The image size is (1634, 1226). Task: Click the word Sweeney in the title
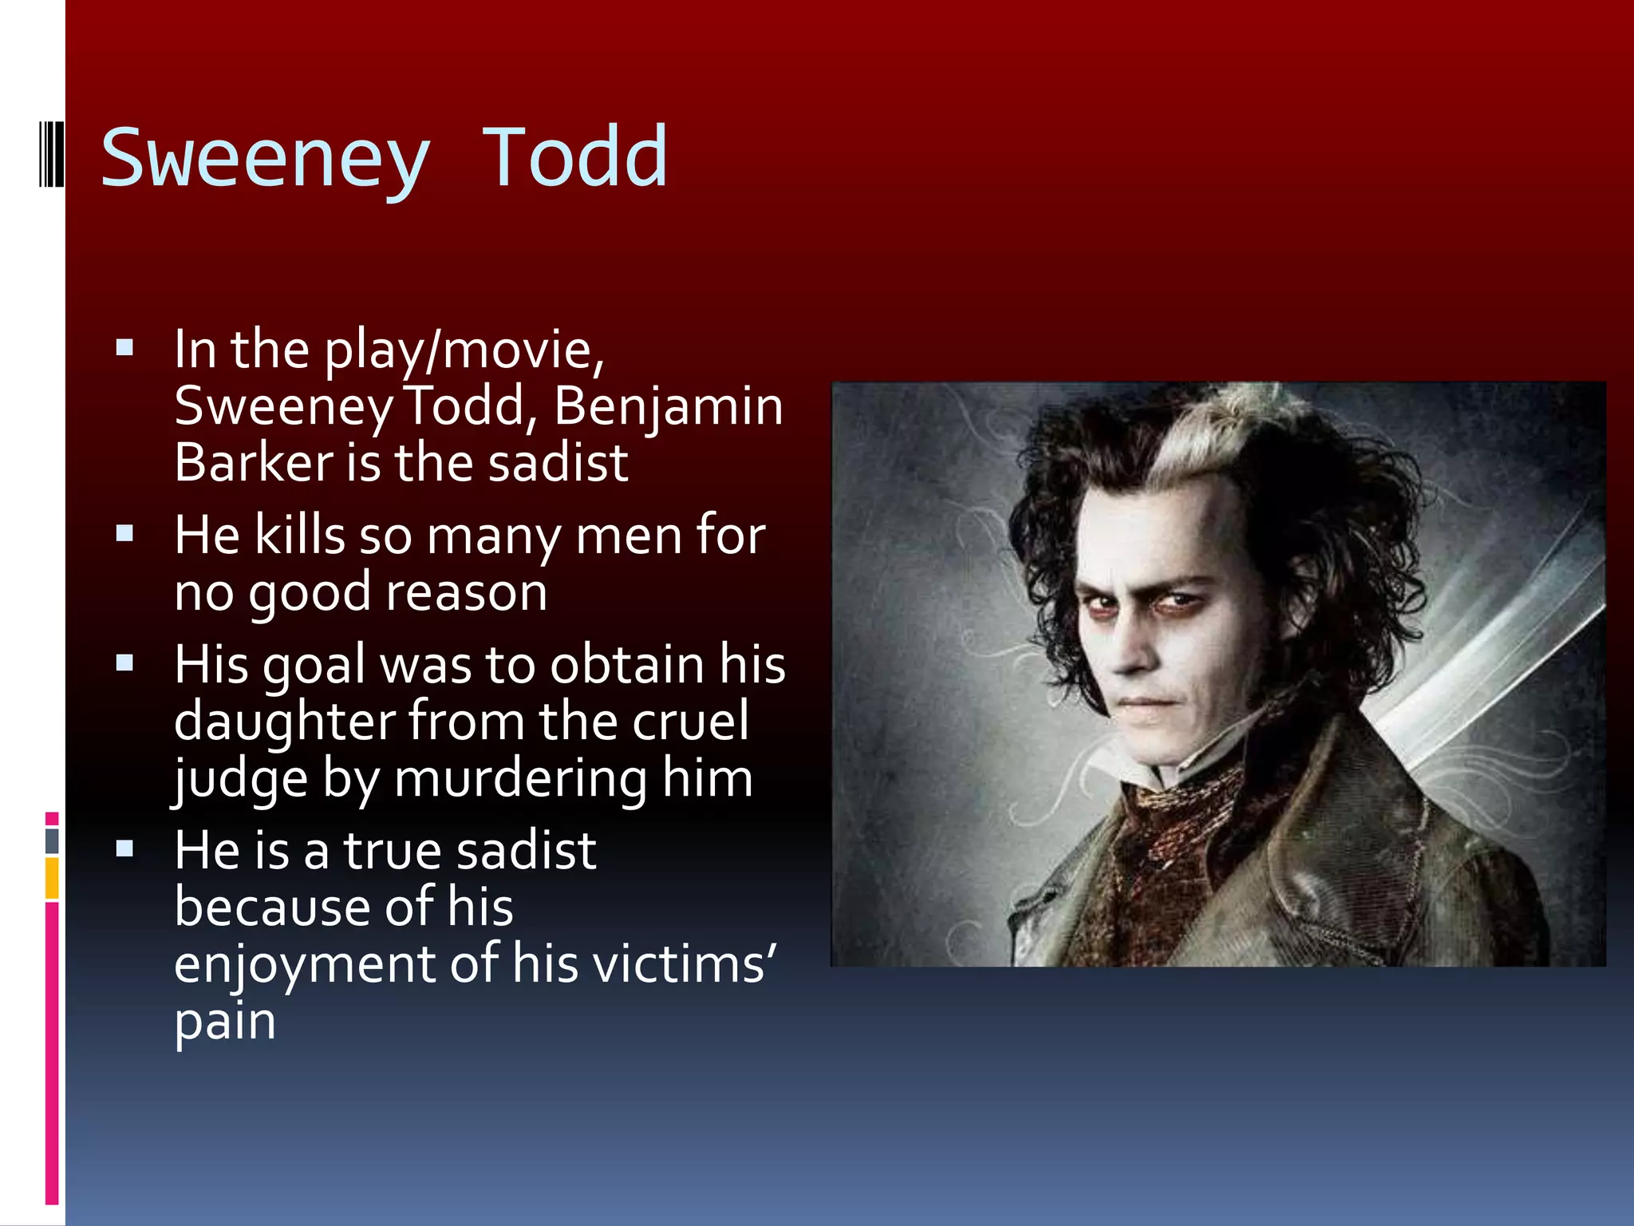pyautogui.click(x=265, y=160)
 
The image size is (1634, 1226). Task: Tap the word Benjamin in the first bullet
pyautogui.click(x=668, y=406)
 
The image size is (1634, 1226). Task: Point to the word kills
pyautogui.click(x=299, y=535)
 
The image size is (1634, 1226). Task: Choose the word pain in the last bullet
pyautogui.click(x=225, y=1022)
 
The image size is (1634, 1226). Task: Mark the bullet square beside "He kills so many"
pyautogui.click(x=124, y=533)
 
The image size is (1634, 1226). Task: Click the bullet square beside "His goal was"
pyautogui.click(x=124, y=662)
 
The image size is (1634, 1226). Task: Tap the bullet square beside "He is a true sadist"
pyautogui.click(x=124, y=848)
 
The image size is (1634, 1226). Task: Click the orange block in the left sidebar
pyautogui.click(x=52, y=878)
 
